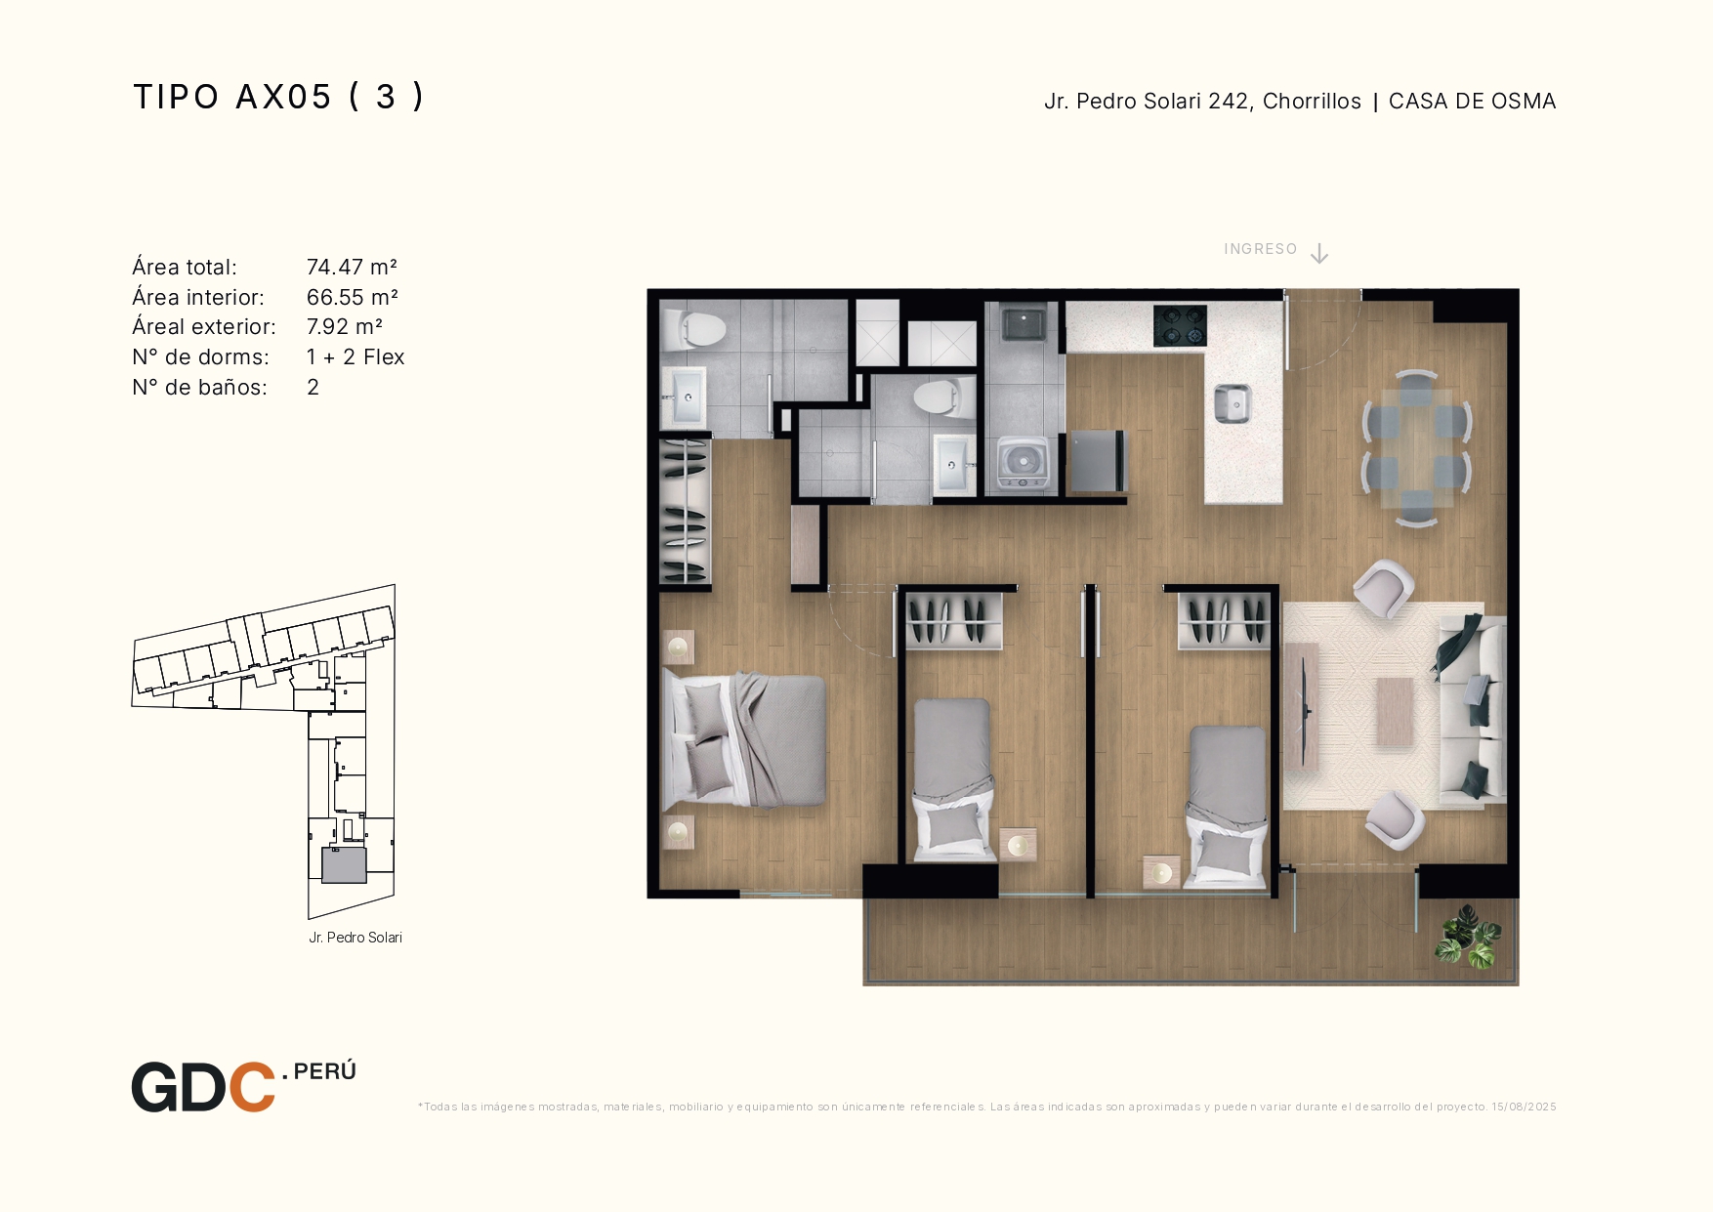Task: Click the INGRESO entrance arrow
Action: click(1319, 254)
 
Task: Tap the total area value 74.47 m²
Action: click(352, 268)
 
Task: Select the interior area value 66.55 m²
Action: click(352, 297)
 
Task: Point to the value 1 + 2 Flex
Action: click(355, 357)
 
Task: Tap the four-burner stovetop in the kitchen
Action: click(1180, 326)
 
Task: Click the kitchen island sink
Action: click(1232, 403)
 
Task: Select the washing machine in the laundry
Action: click(1023, 463)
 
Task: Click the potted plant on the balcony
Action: click(1468, 937)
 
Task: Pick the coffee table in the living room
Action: click(1395, 712)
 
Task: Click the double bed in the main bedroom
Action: click(744, 740)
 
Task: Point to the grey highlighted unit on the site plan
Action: click(344, 865)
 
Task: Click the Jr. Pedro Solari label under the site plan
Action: click(355, 938)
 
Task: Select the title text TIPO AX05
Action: click(232, 97)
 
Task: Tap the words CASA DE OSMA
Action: click(1472, 102)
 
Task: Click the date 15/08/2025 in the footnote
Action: click(1524, 1107)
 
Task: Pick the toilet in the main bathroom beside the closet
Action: click(694, 329)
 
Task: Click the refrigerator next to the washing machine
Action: click(1100, 460)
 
